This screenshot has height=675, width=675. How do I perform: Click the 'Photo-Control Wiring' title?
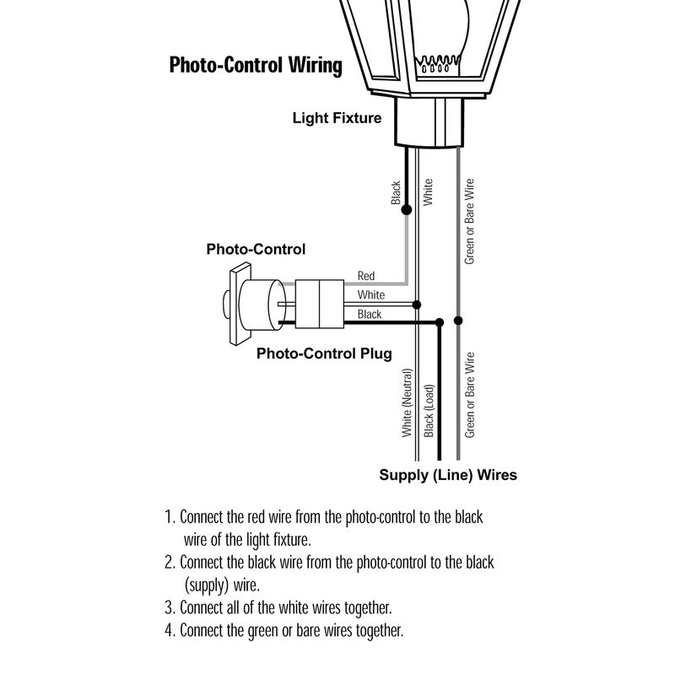pyautogui.click(x=256, y=65)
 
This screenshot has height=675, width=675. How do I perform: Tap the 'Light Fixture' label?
pyautogui.click(x=337, y=118)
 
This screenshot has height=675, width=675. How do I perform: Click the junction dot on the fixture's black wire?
pyautogui.click(x=407, y=209)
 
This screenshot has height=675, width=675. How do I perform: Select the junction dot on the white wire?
pyautogui.click(x=417, y=305)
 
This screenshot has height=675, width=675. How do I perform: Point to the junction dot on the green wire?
pyautogui.click(x=458, y=321)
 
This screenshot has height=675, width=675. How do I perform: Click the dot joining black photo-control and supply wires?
pyautogui.click(x=439, y=322)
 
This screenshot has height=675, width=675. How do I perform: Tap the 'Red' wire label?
pyautogui.click(x=366, y=276)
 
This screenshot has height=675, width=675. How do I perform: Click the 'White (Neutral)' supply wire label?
pyautogui.click(x=408, y=403)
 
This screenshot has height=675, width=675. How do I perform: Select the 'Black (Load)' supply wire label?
pyautogui.click(x=429, y=411)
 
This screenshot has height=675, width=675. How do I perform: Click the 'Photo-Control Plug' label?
pyautogui.click(x=324, y=354)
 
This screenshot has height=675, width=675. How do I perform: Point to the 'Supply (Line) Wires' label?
pyautogui.click(x=448, y=475)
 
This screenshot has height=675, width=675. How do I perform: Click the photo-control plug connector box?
pyautogui.click(x=320, y=304)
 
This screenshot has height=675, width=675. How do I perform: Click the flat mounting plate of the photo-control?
pyautogui.click(x=240, y=304)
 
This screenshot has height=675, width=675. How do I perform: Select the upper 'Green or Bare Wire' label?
pyautogui.click(x=469, y=222)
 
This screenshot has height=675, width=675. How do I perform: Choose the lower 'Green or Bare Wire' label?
pyautogui.click(x=470, y=395)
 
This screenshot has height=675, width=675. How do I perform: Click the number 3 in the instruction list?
pyautogui.click(x=169, y=607)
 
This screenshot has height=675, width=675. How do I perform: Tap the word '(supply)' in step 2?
pyautogui.click(x=206, y=585)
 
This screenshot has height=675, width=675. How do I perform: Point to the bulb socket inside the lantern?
pyautogui.click(x=437, y=65)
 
